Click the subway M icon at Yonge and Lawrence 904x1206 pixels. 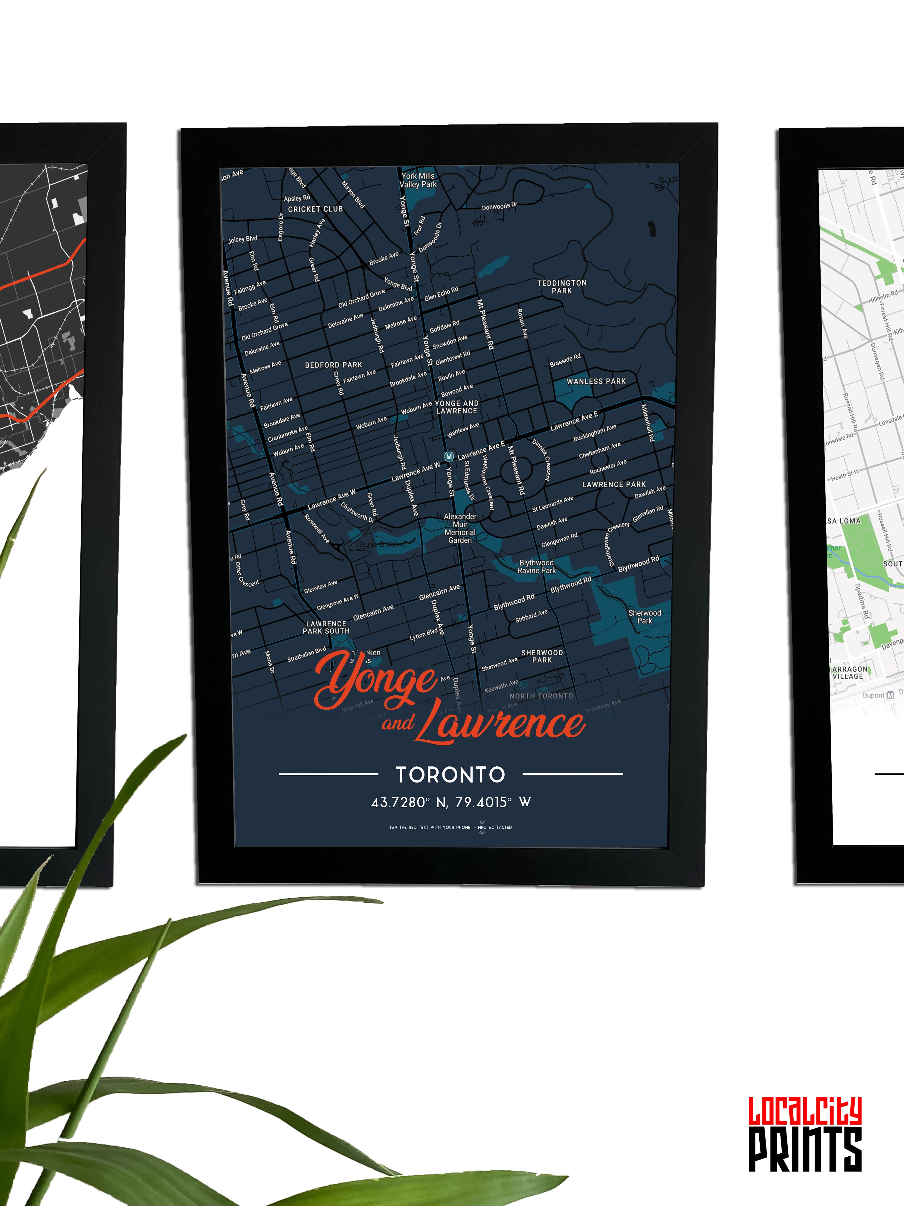tap(449, 456)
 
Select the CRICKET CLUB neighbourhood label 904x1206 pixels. tap(315, 209)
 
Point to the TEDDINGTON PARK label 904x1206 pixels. tap(562, 287)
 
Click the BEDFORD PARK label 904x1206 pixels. tap(334, 365)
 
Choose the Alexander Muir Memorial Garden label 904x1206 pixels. tap(460, 528)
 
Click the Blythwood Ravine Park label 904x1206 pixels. tap(536, 567)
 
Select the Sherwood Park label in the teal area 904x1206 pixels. tap(645, 617)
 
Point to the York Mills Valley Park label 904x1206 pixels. tap(418, 180)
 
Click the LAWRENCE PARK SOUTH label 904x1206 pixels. tap(326, 628)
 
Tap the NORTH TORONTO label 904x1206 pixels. tap(541, 696)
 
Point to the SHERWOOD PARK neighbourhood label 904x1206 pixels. tap(542, 657)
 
